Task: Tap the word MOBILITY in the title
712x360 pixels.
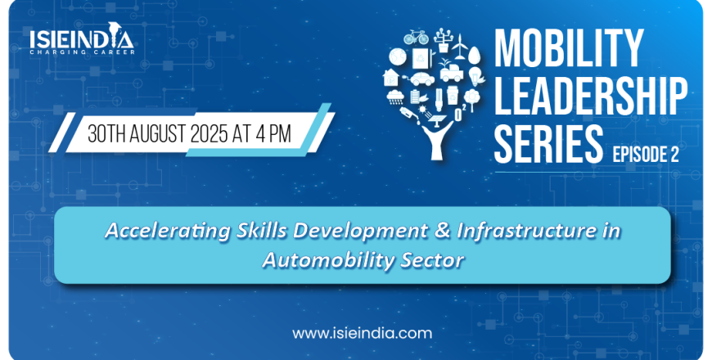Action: (569, 48)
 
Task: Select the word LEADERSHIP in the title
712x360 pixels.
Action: (590, 97)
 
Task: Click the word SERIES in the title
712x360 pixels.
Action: (548, 144)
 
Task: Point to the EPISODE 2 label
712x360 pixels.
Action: (645, 155)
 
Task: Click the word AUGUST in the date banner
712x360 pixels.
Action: (158, 134)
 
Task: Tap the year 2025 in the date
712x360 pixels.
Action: (209, 134)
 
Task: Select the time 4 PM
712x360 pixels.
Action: (273, 134)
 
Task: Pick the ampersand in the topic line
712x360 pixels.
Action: (442, 230)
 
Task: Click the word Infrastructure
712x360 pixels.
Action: (526, 230)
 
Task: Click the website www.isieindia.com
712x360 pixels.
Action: (363, 334)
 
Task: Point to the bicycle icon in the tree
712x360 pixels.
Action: (416, 37)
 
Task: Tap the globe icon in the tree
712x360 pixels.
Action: (398, 57)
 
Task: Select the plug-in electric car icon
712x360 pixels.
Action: (421, 79)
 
